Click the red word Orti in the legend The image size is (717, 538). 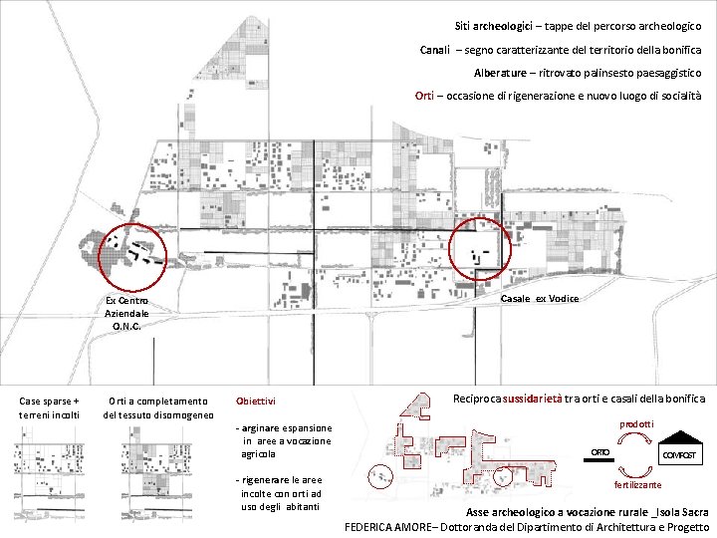point(424,96)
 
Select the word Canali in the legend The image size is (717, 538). point(435,50)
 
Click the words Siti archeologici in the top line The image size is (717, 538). point(493,27)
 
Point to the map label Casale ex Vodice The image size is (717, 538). point(540,299)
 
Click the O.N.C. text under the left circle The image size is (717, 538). point(126,326)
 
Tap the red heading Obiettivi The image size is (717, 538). point(256,402)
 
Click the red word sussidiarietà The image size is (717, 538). point(532,399)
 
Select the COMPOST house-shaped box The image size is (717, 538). point(680,448)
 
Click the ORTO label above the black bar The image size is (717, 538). point(599,452)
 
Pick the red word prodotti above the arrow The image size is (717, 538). point(636,424)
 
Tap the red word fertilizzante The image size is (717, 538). point(637,485)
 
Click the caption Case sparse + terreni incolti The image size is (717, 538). point(49,408)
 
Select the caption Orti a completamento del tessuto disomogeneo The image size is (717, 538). point(158,408)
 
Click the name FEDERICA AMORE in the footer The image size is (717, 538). point(387,527)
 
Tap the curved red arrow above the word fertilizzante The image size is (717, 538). point(635,472)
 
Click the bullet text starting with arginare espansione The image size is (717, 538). point(284,441)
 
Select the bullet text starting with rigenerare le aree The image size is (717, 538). point(280,493)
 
